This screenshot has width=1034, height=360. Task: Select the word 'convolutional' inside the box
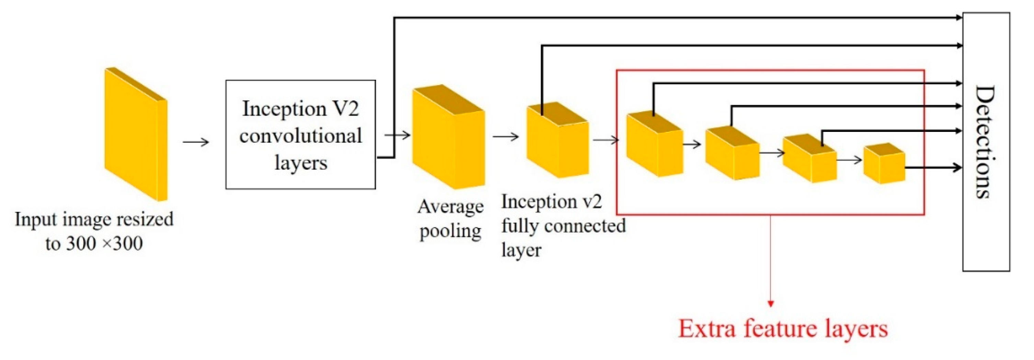click(300, 136)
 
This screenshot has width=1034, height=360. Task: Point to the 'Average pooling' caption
click(450, 219)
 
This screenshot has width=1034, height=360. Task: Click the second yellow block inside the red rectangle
click(732, 154)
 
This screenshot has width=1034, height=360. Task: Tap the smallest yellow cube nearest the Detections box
click(884, 164)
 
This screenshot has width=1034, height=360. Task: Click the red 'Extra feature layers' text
click(782, 329)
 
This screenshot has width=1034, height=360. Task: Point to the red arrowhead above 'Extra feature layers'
click(770, 303)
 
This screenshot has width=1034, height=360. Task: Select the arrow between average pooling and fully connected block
click(505, 137)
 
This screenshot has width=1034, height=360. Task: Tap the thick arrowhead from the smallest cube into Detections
click(957, 167)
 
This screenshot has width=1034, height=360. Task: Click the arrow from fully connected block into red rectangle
click(606, 140)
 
